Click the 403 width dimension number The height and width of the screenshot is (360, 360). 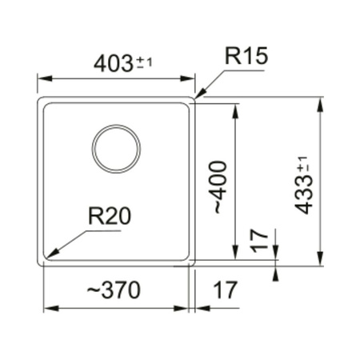tap(111, 64)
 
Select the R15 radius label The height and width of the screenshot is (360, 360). tap(246, 57)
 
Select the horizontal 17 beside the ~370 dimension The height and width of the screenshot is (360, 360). tap(226, 290)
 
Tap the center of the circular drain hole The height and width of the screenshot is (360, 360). tap(116, 149)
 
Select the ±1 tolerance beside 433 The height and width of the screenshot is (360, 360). tap(302, 169)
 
